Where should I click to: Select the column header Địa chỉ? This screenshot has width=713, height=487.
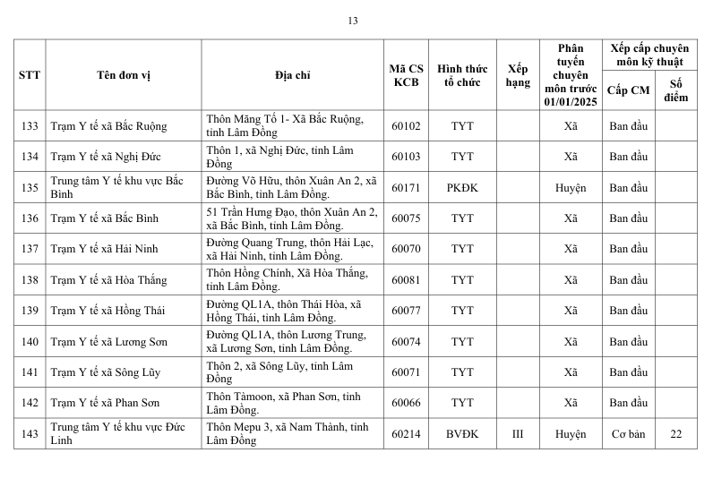click(292, 74)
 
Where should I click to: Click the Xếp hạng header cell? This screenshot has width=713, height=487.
click(518, 74)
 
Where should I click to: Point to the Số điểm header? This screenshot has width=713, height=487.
click(675, 90)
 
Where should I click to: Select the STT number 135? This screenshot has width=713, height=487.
click(30, 188)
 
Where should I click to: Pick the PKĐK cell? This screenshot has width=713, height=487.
click(462, 188)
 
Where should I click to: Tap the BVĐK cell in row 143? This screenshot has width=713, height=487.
click(462, 434)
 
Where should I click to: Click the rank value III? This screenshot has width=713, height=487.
click(518, 434)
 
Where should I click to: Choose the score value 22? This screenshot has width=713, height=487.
click(675, 434)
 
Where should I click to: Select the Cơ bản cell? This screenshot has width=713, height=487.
click(628, 434)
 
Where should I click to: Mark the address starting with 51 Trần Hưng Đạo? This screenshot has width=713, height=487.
click(292, 218)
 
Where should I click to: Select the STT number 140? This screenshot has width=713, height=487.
click(30, 342)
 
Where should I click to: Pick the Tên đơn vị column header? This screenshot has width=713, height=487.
click(124, 74)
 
